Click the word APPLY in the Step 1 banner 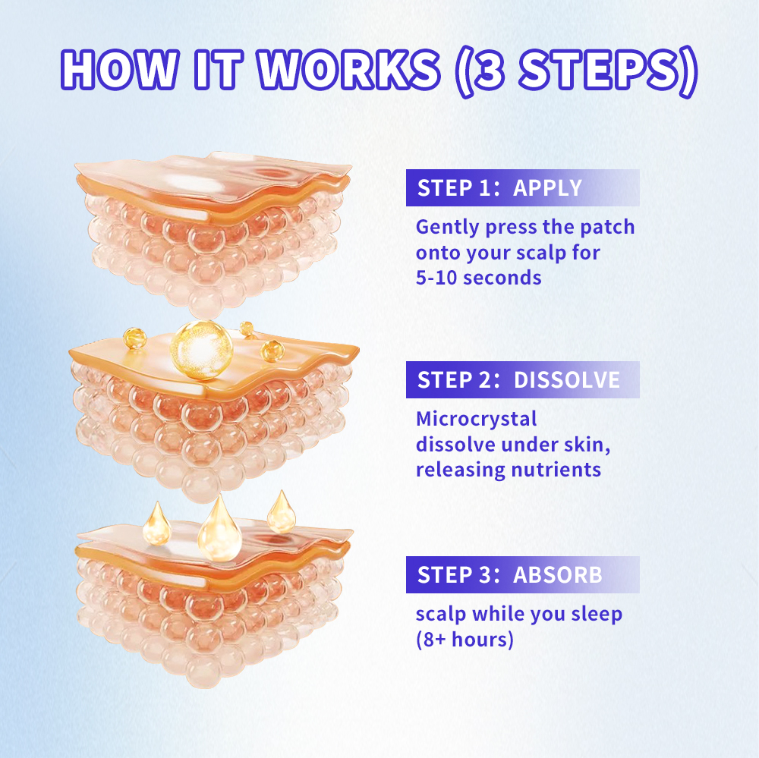pos(547,188)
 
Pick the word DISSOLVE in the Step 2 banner pos(567,380)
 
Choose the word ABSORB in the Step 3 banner pos(558,575)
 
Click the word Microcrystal pos(477,419)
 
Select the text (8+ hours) pos(465,640)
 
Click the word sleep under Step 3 pos(597,615)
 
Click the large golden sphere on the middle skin pos(201,349)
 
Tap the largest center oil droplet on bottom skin pos(220,530)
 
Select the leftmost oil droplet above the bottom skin pos(156,524)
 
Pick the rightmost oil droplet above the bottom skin pos(282,513)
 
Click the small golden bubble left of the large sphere pos(134,338)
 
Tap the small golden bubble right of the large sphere pos(272,351)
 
